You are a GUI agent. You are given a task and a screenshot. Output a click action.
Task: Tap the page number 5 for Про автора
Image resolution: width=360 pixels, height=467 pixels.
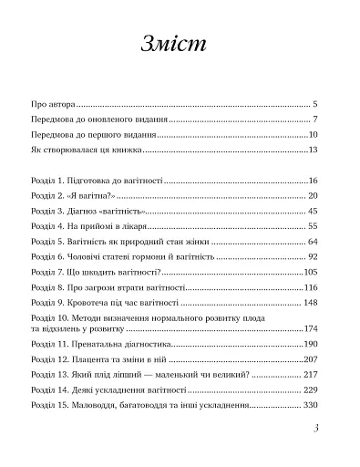point(314,106)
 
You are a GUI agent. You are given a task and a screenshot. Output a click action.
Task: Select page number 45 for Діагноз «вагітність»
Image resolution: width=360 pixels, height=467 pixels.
point(311,212)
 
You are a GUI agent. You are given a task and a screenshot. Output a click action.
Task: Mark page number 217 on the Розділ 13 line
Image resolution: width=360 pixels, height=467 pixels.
point(308,375)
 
